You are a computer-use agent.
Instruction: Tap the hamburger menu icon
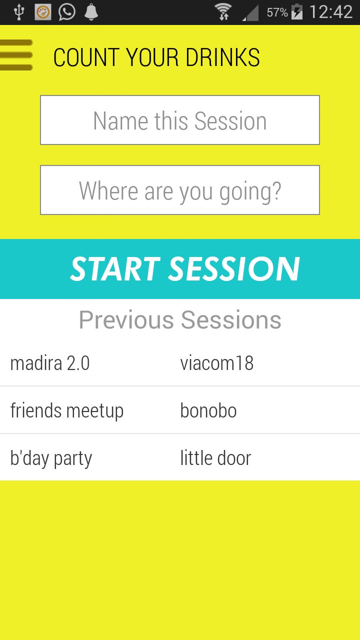[16, 55]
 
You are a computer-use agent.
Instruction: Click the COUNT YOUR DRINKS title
[156, 57]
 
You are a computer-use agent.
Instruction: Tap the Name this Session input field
[180, 120]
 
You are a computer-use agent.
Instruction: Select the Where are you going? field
[180, 190]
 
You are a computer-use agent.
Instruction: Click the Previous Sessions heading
[180, 319]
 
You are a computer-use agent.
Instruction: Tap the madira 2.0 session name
[50, 363]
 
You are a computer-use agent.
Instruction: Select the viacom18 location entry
[217, 363]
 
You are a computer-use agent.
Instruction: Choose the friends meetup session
[67, 411]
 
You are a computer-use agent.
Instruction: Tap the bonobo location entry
[208, 411]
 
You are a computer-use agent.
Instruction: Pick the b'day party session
[51, 458]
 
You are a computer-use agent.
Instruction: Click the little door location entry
[215, 458]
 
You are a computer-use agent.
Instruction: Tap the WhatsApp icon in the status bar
[67, 12]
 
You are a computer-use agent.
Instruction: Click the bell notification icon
[91, 12]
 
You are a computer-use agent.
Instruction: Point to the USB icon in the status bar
[19, 12]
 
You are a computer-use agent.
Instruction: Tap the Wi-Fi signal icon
[223, 12]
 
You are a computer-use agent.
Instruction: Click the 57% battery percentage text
[277, 12]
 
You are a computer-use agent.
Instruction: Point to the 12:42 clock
[331, 12]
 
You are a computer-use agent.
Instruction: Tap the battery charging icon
[297, 12]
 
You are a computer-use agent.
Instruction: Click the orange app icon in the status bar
[43, 12]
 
